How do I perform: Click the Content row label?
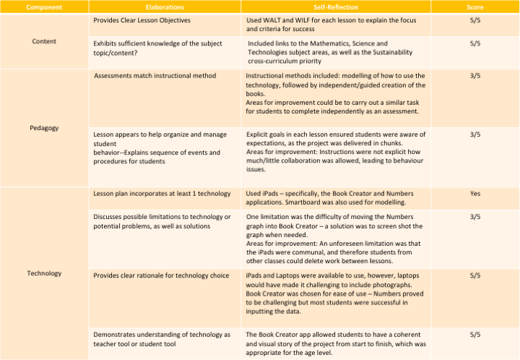tap(45, 41)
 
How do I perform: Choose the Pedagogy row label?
tap(45, 127)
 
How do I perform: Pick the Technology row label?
tap(45, 273)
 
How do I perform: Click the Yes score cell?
tap(474, 194)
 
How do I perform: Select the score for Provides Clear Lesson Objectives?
tap(474, 20)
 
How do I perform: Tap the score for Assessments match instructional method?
tap(474, 75)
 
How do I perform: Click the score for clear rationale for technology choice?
tap(474, 275)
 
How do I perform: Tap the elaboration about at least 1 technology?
tap(162, 194)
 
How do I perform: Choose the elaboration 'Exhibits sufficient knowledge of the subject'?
tap(160, 44)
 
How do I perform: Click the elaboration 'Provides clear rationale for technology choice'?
tap(161, 275)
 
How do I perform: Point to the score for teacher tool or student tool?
tap(474, 335)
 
